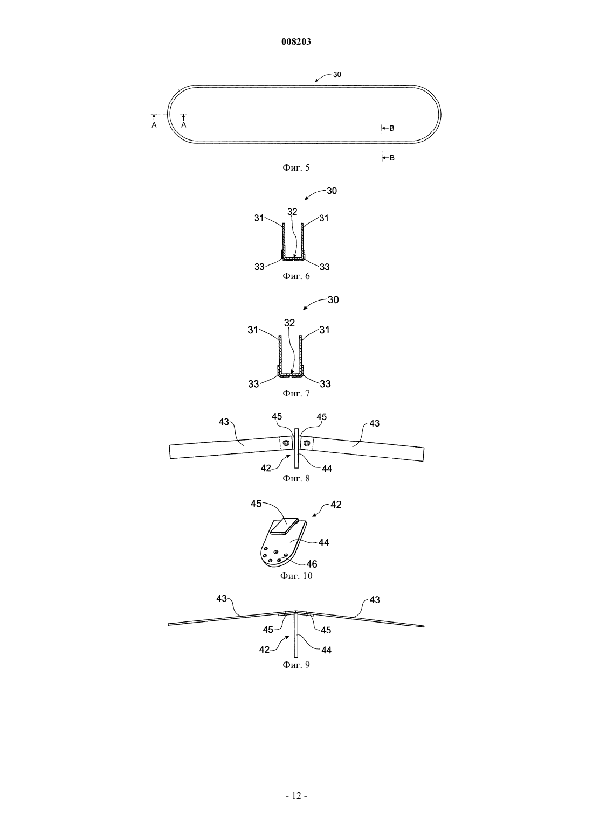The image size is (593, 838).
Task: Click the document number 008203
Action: tap(296, 42)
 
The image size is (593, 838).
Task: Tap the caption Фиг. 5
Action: tap(296, 167)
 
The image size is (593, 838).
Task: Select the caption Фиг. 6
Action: tap(296, 276)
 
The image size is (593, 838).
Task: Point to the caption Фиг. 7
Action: tap(296, 393)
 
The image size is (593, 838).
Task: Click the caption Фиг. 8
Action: tap(296, 478)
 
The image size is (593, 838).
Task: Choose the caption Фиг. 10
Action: tap(296, 576)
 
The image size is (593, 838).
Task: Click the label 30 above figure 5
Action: tap(337, 75)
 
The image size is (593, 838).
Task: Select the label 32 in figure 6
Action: tap(292, 212)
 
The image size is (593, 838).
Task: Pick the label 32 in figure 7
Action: tap(290, 323)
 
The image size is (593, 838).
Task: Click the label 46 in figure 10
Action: tap(312, 564)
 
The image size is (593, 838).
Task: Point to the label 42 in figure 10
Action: tap(336, 505)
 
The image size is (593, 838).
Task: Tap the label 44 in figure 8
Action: tap(327, 469)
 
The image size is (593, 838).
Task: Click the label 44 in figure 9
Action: tap(327, 650)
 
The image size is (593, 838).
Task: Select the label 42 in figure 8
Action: tap(265, 469)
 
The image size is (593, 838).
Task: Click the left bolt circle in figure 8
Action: tap(286, 443)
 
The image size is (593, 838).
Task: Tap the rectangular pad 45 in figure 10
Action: tap(285, 525)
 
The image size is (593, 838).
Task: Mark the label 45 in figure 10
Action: tap(256, 504)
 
